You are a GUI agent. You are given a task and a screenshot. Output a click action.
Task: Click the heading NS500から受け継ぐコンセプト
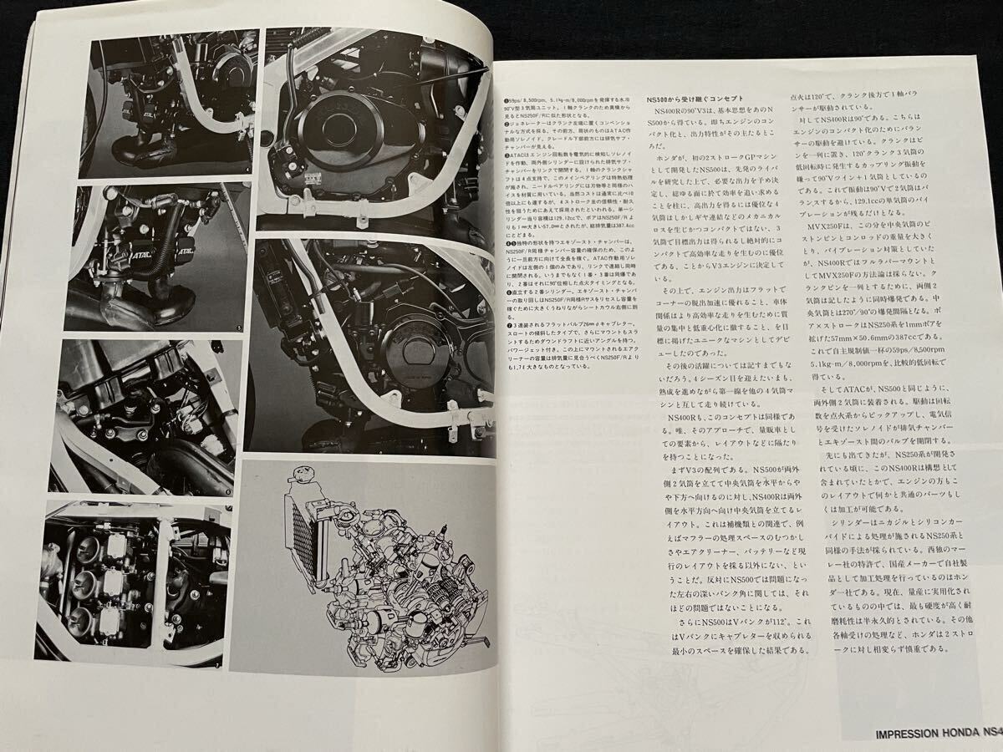click(695, 98)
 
